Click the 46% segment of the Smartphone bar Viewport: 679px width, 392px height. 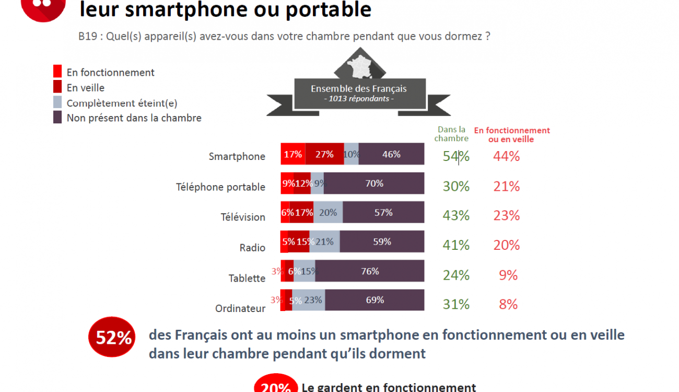click(391, 154)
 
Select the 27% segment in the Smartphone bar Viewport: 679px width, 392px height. click(324, 154)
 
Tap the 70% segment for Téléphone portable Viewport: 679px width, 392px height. click(374, 183)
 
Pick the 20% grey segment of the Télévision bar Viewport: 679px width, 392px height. click(328, 213)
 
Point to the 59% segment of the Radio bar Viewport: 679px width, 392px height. click(382, 242)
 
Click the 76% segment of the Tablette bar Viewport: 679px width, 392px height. click(370, 271)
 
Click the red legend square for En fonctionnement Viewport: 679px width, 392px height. click(57, 72)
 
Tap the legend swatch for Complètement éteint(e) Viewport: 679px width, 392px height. click(57, 102)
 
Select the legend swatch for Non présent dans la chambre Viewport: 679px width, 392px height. click(57, 118)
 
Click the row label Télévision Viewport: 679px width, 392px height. click(243, 217)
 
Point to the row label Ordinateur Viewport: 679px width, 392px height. click(240, 308)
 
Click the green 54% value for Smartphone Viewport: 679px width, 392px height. click(456, 156)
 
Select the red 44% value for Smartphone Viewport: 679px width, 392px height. click(507, 156)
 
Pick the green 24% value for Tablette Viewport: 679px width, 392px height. click(456, 275)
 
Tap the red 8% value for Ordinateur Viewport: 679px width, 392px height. click(508, 304)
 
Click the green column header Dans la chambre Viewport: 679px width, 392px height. click(451, 134)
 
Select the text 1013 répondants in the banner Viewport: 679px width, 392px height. click(359, 99)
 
